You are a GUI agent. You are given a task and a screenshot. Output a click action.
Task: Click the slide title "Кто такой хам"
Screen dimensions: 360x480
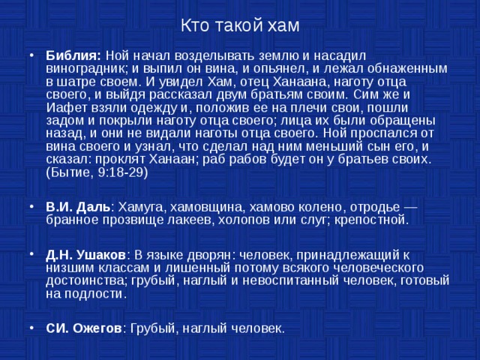click(x=240, y=25)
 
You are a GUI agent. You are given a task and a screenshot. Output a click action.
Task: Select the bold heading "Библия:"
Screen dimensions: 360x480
click(x=73, y=55)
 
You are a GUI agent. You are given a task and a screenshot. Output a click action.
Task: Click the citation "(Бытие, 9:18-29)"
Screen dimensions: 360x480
click(x=97, y=172)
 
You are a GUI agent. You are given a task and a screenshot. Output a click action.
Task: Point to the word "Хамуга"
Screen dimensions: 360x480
click(x=141, y=207)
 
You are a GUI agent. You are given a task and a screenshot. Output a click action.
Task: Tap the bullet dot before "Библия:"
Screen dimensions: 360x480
click(x=30, y=55)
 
